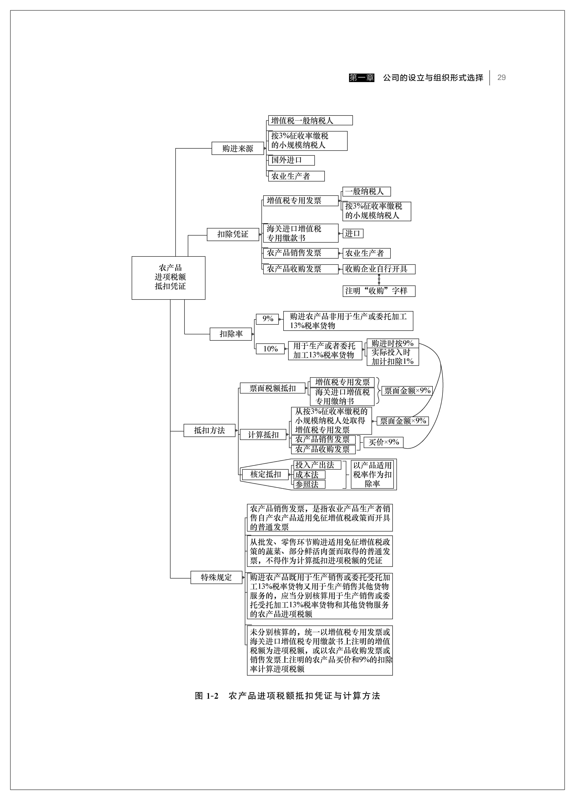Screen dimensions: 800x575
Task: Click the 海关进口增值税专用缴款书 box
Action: click(300, 233)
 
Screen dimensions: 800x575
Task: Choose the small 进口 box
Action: click(353, 234)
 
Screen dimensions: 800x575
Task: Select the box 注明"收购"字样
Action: click(379, 291)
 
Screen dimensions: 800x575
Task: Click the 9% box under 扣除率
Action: click(268, 319)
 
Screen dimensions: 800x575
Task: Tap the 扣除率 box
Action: click(231, 334)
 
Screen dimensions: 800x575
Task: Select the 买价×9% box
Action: click(383, 442)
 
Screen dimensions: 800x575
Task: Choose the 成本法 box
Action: click(309, 475)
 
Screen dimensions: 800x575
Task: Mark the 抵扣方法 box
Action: click(209, 430)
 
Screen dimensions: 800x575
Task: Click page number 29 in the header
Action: click(501, 78)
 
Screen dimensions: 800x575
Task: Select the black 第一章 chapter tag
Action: click(361, 78)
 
